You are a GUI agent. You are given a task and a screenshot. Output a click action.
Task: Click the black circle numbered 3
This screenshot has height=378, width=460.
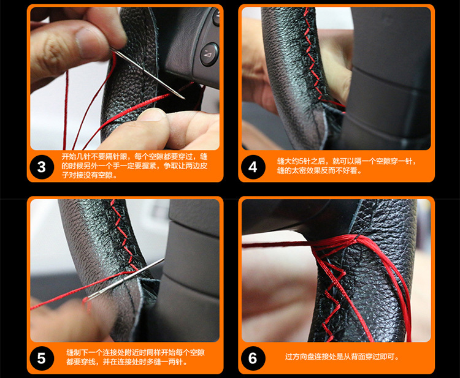point(42,167)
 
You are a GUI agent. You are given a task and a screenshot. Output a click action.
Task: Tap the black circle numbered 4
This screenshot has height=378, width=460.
point(253,167)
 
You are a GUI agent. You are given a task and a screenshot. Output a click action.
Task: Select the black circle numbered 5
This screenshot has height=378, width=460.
point(42,358)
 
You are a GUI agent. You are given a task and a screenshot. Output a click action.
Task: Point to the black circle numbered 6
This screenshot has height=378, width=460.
point(253,358)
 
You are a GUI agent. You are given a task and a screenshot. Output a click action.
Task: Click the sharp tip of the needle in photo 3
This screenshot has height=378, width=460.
point(184,99)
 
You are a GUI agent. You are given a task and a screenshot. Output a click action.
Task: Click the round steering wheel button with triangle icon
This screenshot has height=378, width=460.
point(210,54)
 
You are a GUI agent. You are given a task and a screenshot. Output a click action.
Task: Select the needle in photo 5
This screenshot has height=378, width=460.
point(126,278)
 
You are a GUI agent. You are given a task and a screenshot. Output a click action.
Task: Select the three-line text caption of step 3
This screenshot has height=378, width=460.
point(134,165)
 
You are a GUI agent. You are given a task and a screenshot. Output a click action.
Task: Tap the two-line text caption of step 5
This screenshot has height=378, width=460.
point(136,357)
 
